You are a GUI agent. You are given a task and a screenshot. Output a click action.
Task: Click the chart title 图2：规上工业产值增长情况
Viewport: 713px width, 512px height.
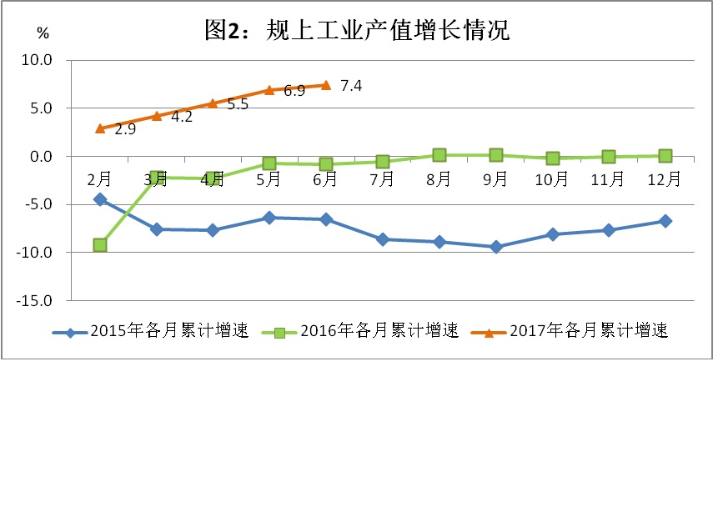click(356, 31)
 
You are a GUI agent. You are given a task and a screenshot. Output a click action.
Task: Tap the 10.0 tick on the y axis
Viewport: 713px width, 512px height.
click(37, 60)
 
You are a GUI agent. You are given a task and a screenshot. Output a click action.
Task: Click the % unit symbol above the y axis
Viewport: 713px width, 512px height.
click(43, 33)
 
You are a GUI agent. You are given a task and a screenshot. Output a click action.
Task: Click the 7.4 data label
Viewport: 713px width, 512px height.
click(350, 86)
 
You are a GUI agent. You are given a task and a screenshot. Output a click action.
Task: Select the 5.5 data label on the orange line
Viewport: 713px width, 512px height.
click(238, 105)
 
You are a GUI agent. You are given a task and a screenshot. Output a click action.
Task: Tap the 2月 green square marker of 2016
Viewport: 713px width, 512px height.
click(100, 245)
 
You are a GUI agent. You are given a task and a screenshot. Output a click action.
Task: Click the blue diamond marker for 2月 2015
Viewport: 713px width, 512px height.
click(100, 199)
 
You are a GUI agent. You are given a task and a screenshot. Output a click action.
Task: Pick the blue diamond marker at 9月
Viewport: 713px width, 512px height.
click(496, 247)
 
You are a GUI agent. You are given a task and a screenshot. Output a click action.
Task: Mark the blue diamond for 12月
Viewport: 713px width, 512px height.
click(665, 221)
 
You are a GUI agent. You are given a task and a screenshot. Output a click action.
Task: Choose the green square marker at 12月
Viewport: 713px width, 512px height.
click(665, 156)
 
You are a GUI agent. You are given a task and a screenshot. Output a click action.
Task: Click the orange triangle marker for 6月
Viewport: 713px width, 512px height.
click(326, 85)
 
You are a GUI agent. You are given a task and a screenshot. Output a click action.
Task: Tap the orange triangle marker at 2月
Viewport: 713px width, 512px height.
click(100, 128)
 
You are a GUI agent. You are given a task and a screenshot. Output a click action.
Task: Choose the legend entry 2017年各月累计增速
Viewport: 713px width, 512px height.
click(589, 332)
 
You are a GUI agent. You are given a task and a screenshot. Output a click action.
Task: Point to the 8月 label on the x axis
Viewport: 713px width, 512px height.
click(439, 178)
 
